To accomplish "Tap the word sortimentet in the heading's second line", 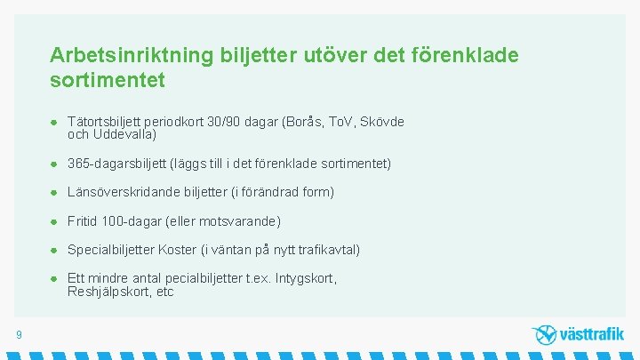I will point(108,80).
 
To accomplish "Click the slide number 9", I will point(19,334).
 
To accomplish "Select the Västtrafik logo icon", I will point(544,334).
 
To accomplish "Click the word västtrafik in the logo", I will point(591,335).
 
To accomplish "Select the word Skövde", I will point(382,122).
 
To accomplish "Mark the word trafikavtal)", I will point(327,250).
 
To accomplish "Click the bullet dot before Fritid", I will point(55,220).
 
